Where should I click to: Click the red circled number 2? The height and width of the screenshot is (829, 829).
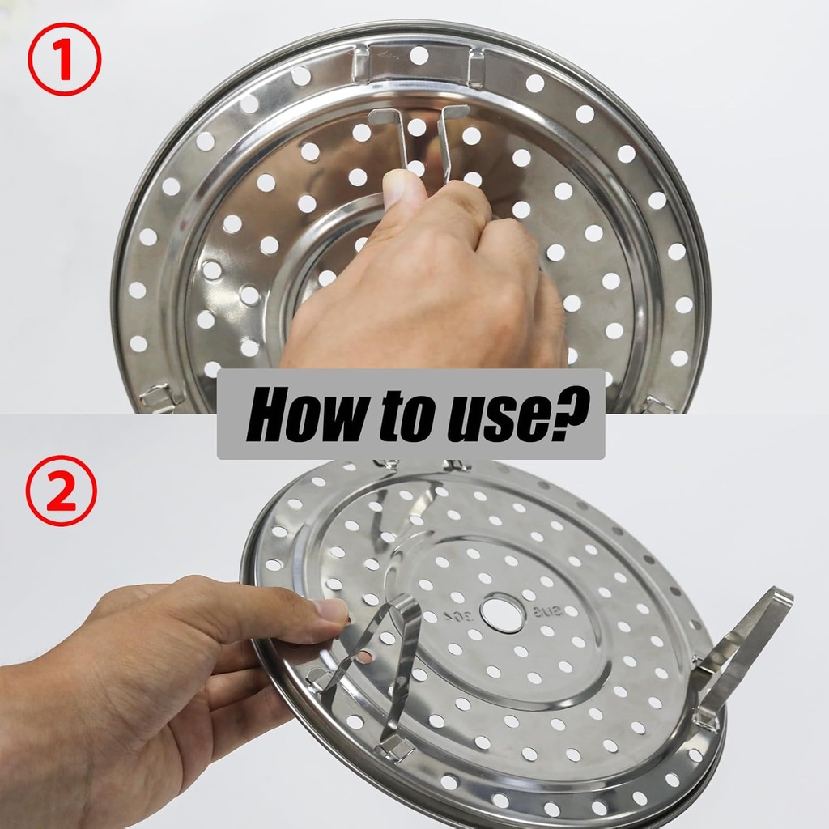tap(61, 491)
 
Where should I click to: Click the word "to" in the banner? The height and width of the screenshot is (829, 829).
tap(390, 414)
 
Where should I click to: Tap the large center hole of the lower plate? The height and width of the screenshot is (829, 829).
tap(502, 612)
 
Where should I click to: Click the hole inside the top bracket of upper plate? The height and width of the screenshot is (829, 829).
tap(419, 56)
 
